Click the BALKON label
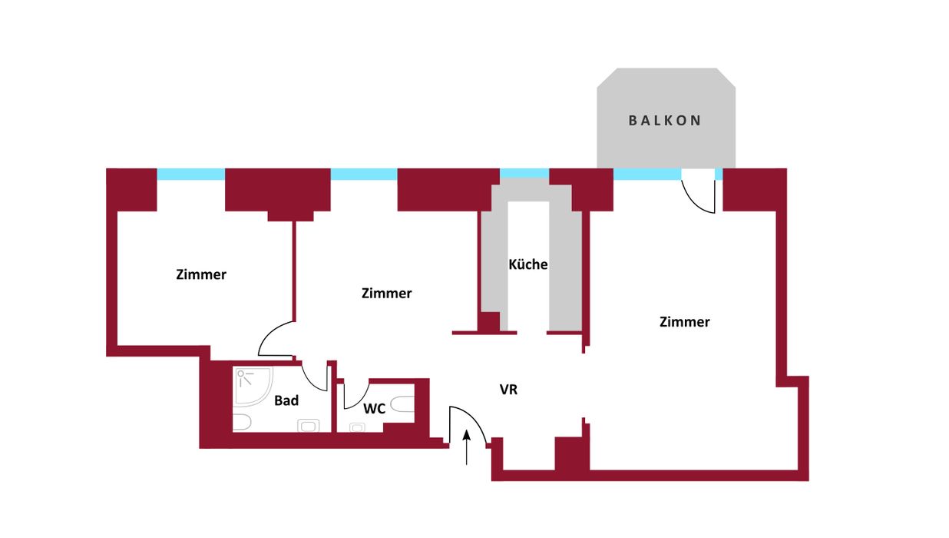pos(665,121)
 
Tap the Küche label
pos(528,264)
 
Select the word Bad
pos(286,400)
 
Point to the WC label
pos(374,409)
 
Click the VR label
pos(508,390)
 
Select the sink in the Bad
pos(309,425)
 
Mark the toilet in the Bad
pos(241,422)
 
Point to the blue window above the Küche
pos(524,174)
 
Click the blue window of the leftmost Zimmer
pos(190,174)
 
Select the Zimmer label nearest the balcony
pos(684,322)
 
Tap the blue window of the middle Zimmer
pos(364,174)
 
